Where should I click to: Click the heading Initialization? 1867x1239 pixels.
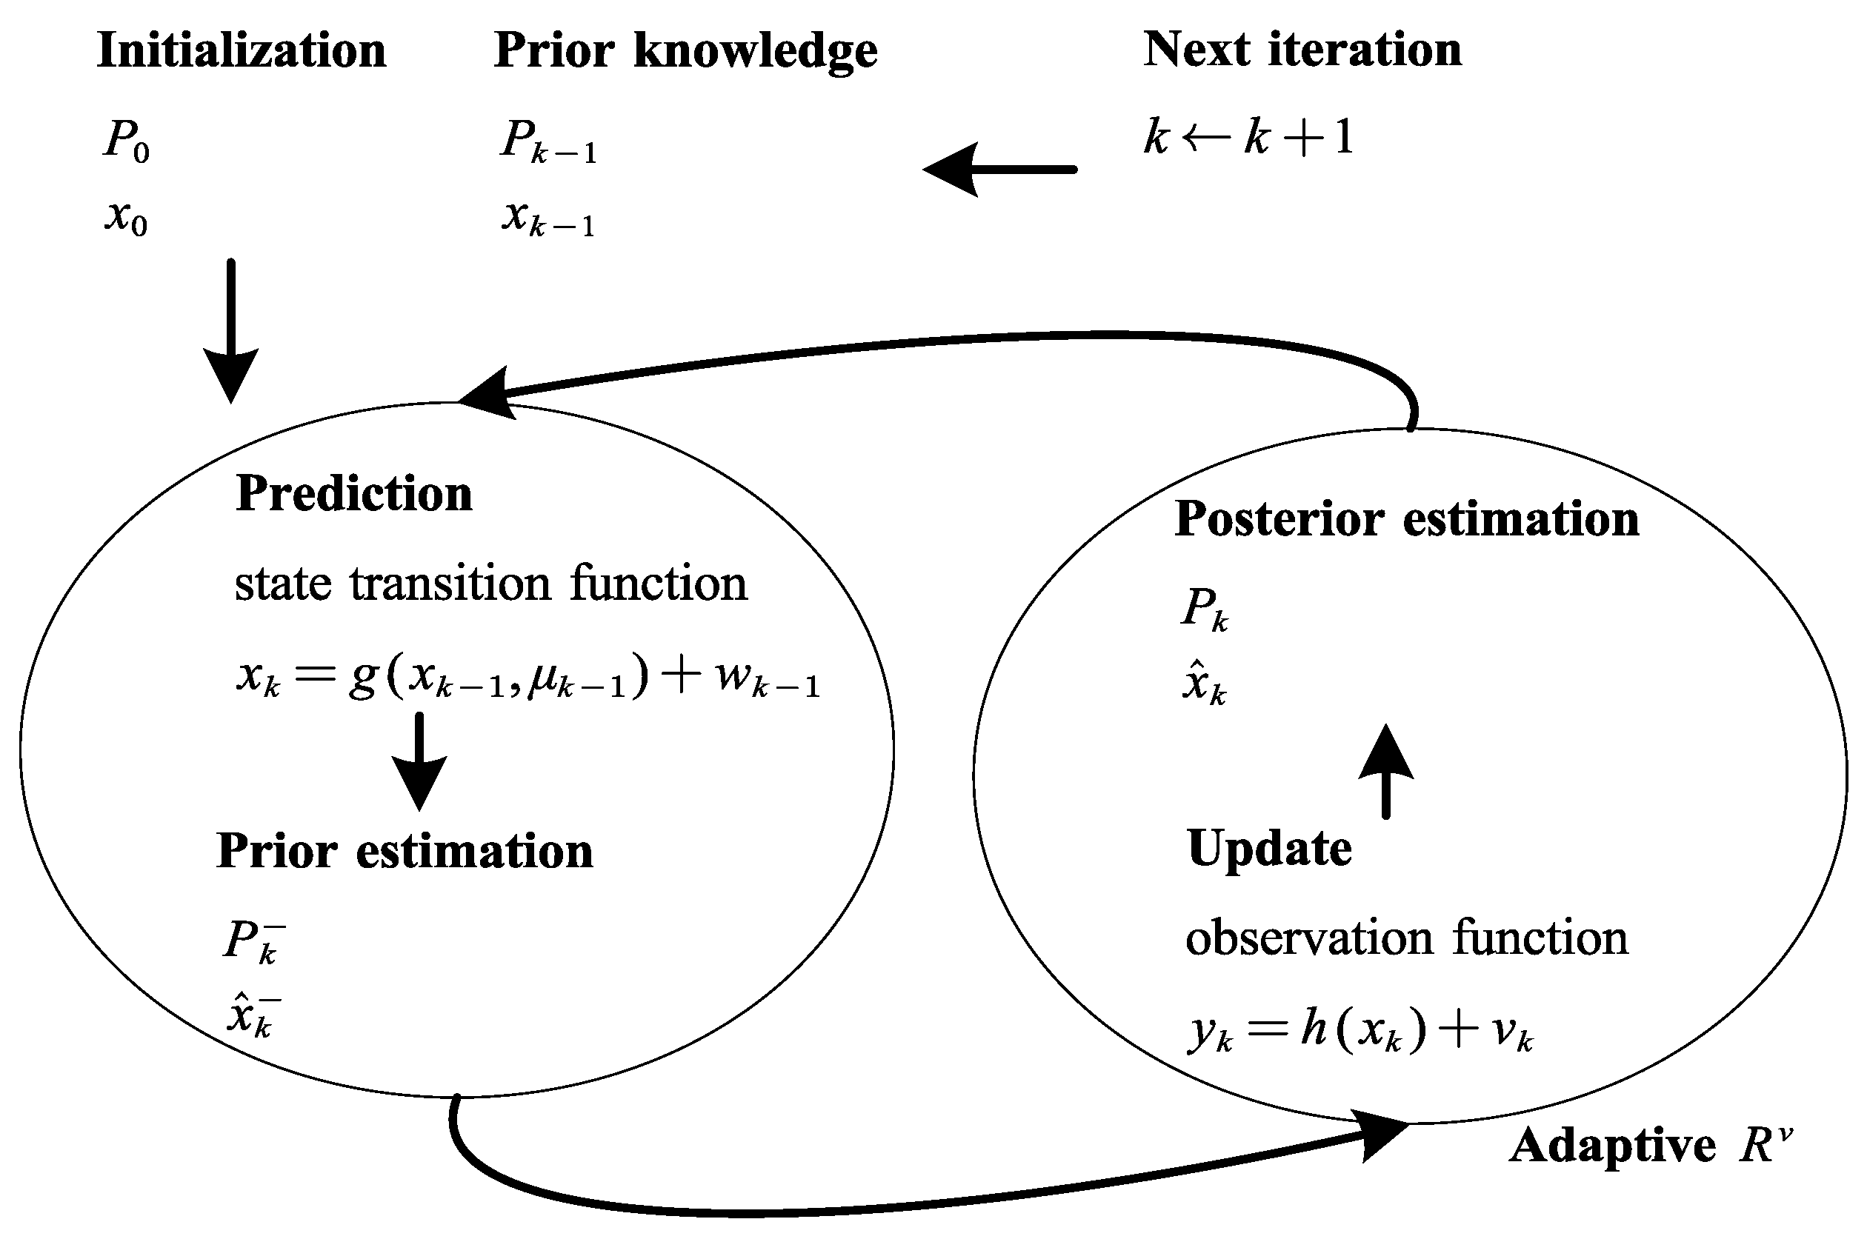pyautogui.click(x=241, y=51)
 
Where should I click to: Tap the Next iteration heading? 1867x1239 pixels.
pyautogui.click(x=1302, y=50)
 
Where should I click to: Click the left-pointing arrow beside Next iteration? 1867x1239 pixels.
pyautogui.click(x=1000, y=169)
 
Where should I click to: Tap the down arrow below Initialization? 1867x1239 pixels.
pyautogui.click(x=231, y=332)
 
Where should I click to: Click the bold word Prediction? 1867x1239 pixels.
pyautogui.click(x=353, y=495)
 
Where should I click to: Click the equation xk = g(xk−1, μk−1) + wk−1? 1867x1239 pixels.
pyautogui.click(x=528, y=678)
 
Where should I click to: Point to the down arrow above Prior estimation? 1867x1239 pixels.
pyautogui.click(x=419, y=763)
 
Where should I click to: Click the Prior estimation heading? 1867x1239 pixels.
pyautogui.click(x=404, y=852)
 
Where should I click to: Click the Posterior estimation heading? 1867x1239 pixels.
pyautogui.click(x=1406, y=520)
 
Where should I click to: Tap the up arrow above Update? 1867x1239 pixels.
pyautogui.click(x=1385, y=770)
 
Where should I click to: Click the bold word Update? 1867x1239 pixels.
pyautogui.click(x=1269, y=849)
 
